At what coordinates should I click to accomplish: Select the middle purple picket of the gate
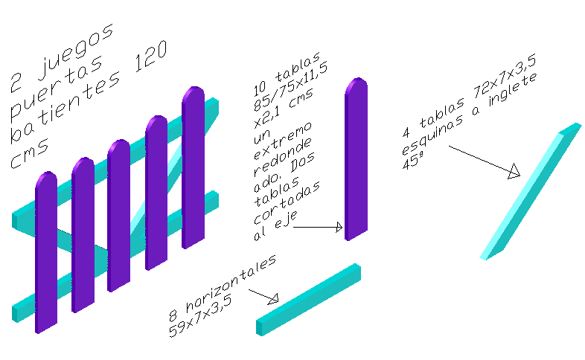[x=120, y=216]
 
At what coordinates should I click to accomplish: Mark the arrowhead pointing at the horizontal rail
[x=272, y=300]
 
